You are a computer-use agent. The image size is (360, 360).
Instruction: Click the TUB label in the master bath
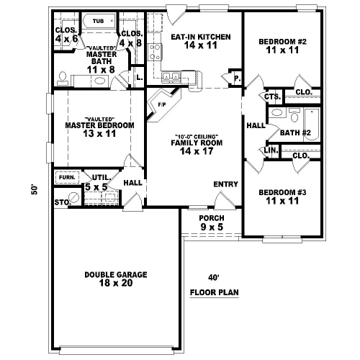[99, 22]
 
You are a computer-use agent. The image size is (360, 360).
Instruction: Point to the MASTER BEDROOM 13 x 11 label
[99, 125]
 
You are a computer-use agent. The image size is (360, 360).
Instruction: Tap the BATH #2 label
[294, 132]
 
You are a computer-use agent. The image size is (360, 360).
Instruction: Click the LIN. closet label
[271, 150]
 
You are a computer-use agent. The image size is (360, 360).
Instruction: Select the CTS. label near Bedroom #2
[271, 96]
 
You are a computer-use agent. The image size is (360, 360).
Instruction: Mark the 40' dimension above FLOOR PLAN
[212, 277]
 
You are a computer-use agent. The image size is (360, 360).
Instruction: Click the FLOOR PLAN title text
[215, 293]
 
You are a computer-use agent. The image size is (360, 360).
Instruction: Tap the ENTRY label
[225, 184]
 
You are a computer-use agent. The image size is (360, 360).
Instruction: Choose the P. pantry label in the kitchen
[235, 78]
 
